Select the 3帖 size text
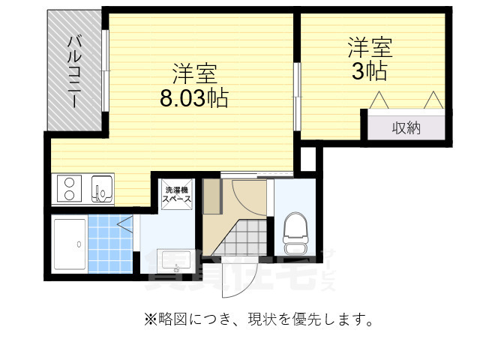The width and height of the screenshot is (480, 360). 370,72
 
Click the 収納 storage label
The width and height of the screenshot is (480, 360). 406,127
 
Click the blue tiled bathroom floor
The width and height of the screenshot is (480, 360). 110,244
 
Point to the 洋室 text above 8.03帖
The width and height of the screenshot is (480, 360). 195,73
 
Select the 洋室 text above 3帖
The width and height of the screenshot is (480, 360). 370,47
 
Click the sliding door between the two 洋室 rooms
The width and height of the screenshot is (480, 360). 297,97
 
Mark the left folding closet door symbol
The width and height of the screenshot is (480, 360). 379,100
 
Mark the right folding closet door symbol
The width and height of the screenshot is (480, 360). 433,100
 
